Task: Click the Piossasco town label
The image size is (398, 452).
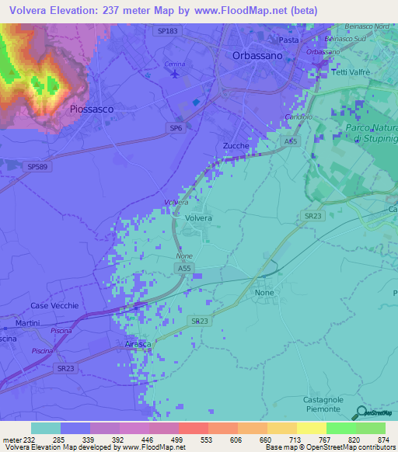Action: click(92, 110)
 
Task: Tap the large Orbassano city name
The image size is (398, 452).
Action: click(259, 56)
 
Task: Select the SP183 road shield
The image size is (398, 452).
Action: click(166, 30)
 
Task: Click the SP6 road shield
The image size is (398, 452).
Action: click(176, 128)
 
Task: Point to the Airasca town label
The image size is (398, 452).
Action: click(138, 344)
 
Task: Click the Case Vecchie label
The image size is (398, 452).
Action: click(54, 306)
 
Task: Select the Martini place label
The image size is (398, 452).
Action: click(27, 322)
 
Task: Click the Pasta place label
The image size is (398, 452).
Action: click(288, 40)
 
